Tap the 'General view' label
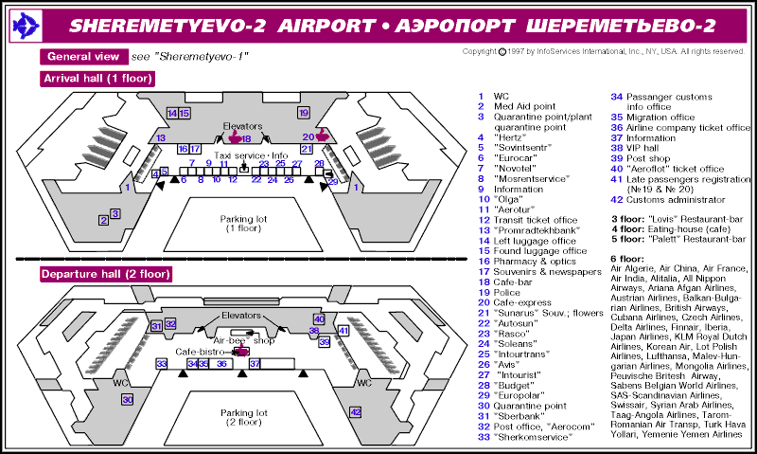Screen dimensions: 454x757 pos(84,57)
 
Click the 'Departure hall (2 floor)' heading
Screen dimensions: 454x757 pos(105,275)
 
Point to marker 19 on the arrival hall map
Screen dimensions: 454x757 pos(304,113)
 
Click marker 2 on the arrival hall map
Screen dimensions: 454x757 pos(102,221)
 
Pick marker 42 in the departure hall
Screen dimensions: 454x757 pos(355,412)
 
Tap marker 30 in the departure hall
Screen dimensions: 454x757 pos(128,401)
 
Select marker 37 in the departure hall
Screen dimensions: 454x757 pos(255,364)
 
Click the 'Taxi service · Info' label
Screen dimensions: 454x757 pos(250,154)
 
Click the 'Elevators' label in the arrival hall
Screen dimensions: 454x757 pos(241,126)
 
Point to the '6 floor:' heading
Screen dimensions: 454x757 pos(627,258)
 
